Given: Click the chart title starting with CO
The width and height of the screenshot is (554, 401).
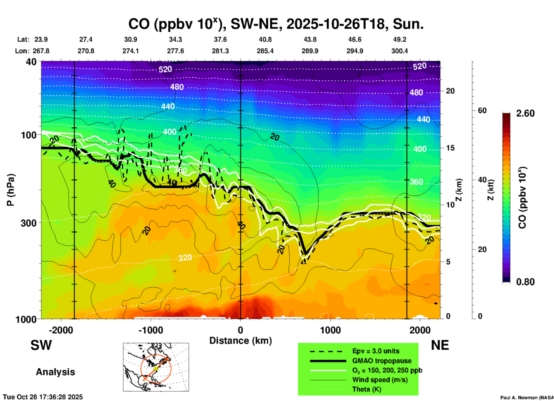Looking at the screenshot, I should pyautogui.click(x=276, y=24).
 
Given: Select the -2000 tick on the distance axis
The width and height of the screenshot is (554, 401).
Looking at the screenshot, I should pyautogui.click(x=61, y=330).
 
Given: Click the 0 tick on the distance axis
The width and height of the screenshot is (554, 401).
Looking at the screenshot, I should pyautogui.click(x=240, y=330).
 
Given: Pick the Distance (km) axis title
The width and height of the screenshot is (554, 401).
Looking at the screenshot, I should pyautogui.click(x=240, y=341).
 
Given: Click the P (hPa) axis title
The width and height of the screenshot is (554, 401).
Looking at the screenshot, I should pyautogui.click(x=10, y=190).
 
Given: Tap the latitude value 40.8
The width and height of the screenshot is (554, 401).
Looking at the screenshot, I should pyautogui.click(x=265, y=39).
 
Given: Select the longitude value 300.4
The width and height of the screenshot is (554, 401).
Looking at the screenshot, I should pyautogui.click(x=400, y=51).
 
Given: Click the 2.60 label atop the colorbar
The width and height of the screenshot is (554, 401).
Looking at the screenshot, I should pyautogui.click(x=525, y=113).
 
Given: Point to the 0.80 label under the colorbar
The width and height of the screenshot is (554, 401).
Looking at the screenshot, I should pyautogui.click(x=525, y=282).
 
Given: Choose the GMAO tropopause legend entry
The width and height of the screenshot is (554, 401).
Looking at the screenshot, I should pyautogui.click(x=382, y=361).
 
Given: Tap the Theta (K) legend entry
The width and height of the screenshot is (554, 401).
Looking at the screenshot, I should pyautogui.click(x=366, y=389).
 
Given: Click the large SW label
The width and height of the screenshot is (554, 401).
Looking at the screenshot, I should pyautogui.click(x=41, y=345).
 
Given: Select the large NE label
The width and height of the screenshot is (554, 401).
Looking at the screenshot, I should pyautogui.click(x=440, y=345).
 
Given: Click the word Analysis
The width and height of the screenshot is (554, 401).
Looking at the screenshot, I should pyautogui.click(x=55, y=372).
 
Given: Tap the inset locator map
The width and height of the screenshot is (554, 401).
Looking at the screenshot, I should pyautogui.click(x=156, y=367).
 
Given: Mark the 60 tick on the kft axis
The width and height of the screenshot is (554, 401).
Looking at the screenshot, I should pyautogui.click(x=482, y=110).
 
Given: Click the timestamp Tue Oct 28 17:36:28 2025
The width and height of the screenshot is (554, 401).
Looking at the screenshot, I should pyautogui.click(x=43, y=397).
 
